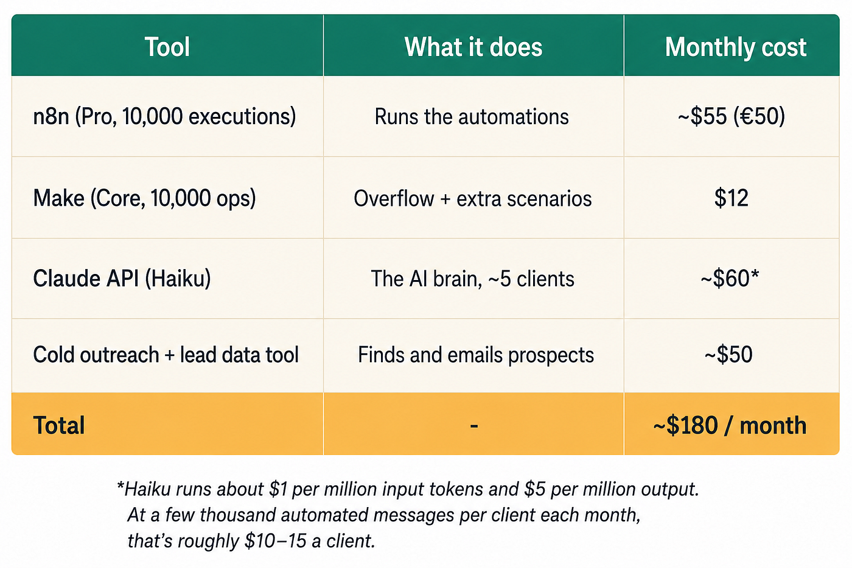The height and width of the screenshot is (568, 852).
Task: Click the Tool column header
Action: tap(167, 47)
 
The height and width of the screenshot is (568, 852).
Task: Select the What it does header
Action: tap(473, 47)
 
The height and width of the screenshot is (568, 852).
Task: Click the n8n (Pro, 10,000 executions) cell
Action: tap(164, 116)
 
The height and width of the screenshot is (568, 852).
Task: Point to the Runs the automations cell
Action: tap(472, 116)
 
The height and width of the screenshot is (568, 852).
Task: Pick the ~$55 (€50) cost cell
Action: tap(731, 116)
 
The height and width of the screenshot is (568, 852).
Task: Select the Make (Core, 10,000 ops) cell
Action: tap(145, 198)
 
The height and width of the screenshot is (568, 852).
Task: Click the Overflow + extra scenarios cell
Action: tap(473, 198)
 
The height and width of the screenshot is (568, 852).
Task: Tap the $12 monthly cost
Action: tap(731, 198)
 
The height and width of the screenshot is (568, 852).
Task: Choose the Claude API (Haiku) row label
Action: tap(122, 278)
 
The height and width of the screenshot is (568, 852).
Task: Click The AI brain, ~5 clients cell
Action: tap(472, 279)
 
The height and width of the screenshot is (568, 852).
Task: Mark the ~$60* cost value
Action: tap(730, 278)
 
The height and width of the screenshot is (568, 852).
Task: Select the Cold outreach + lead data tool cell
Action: tap(166, 355)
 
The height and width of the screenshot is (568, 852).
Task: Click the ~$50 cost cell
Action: tap(728, 354)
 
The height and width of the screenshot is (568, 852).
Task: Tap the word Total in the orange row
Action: tap(59, 425)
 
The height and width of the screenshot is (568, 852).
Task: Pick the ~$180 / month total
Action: tap(730, 426)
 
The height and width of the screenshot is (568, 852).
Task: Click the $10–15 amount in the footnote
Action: tap(275, 541)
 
